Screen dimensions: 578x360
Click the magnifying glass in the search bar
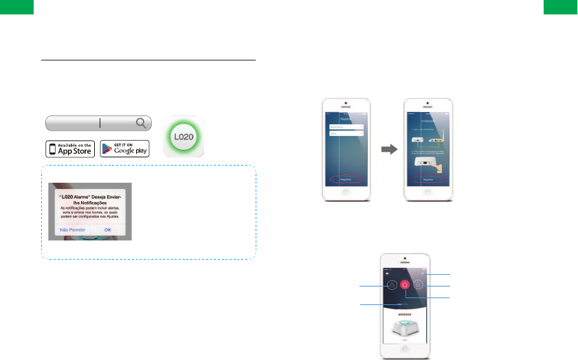[141, 123]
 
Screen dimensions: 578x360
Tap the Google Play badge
[124, 148]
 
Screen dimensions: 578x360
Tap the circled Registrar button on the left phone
[346, 180]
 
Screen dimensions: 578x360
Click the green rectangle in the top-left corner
[16, 7]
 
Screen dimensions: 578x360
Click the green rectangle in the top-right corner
[561, 7]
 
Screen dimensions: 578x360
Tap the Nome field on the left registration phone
[346, 127]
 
